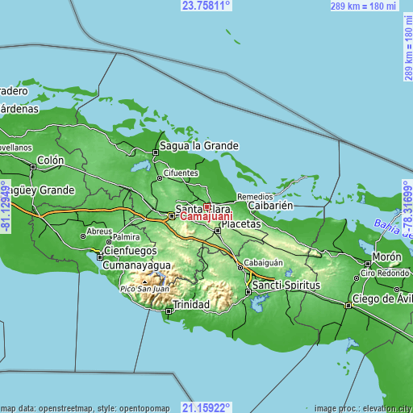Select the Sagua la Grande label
(x=199, y=146)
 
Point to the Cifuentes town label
(x=181, y=173)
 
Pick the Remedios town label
(x=254, y=196)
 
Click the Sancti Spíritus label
(x=286, y=286)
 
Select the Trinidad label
(x=191, y=305)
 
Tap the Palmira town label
(x=127, y=238)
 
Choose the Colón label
(x=49, y=161)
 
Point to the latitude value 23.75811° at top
(x=206, y=6)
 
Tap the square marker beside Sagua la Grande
(x=156, y=151)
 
